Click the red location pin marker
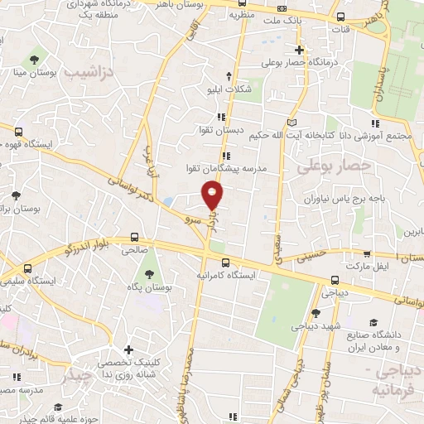pyautogui.click(x=213, y=195)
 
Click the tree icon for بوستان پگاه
pyautogui.click(x=149, y=274)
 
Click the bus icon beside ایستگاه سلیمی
pyautogui.click(x=29, y=269)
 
